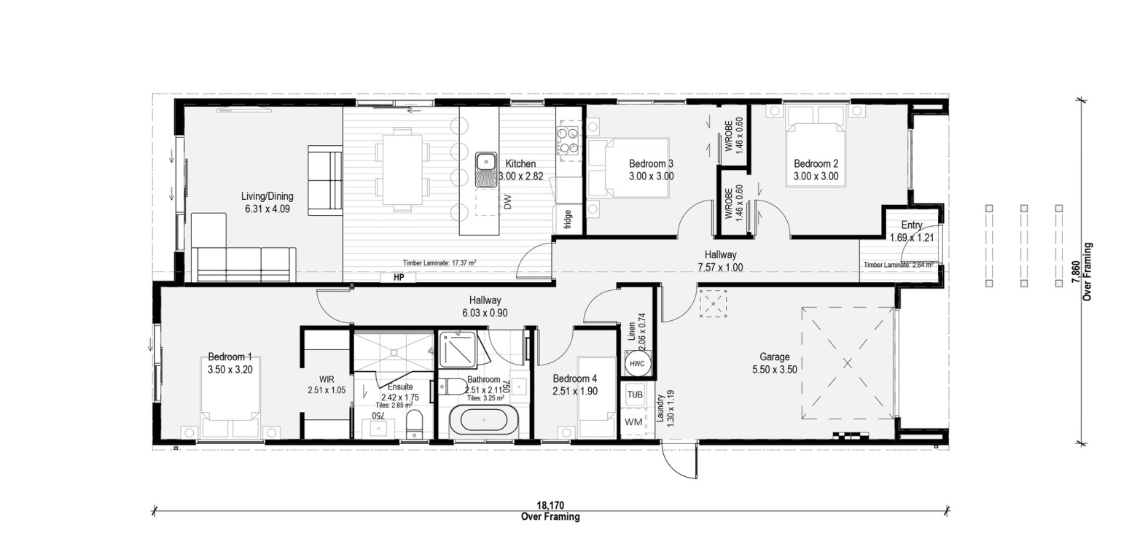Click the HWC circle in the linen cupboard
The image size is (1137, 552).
637,364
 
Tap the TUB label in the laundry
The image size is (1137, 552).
635,394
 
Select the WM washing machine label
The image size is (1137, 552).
633,422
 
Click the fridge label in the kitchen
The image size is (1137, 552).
568,219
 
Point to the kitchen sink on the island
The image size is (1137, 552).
486,170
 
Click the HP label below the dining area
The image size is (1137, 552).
399,277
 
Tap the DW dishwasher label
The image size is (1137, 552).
508,202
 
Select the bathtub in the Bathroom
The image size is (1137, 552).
484,420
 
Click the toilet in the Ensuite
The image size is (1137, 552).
415,424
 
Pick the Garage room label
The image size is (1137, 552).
775,357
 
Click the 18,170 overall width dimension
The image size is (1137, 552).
550,506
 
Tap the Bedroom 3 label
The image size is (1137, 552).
652,163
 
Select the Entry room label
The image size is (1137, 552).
912,225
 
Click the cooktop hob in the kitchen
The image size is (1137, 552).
568,141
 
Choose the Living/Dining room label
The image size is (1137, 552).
267,196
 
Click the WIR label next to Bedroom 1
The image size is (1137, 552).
327,379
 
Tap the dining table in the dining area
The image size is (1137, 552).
402,169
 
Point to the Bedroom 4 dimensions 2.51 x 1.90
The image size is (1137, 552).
575,391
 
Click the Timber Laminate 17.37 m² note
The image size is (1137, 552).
439,263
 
